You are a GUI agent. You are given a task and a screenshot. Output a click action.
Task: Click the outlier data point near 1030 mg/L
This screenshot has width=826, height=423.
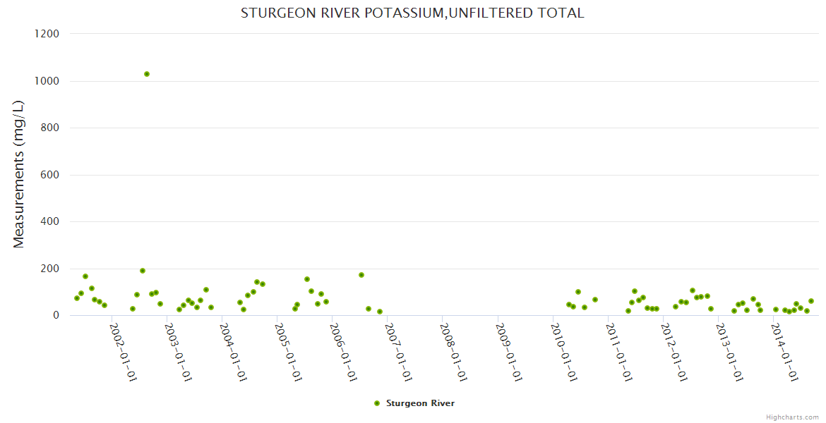tap(147, 74)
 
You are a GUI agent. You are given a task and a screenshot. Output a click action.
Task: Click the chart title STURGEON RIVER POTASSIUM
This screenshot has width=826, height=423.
tap(412, 13)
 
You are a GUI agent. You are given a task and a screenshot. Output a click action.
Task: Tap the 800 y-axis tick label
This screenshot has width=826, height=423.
tap(49, 128)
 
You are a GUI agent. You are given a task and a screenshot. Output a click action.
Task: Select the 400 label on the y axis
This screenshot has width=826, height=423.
tap(49, 221)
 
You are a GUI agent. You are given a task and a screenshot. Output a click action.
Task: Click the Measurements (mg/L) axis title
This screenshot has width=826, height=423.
tap(19, 174)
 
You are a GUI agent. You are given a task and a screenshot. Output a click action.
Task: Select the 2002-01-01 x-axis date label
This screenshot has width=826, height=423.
tap(123, 352)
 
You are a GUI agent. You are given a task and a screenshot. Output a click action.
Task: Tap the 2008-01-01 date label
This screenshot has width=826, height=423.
tap(453, 352)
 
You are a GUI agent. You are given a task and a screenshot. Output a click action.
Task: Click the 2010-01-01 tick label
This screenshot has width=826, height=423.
tap(563, 352)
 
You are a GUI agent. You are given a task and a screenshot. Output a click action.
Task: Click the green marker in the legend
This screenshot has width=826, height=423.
tap(377, 403)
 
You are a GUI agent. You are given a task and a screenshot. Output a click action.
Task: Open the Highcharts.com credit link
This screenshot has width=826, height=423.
tap(792, 417)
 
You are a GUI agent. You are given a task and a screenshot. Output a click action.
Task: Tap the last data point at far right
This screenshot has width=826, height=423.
tap(811, 301)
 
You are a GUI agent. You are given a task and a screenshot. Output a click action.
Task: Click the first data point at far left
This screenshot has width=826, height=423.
tap(77, 298)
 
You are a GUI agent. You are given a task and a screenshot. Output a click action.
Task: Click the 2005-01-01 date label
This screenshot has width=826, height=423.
tap(287, 352)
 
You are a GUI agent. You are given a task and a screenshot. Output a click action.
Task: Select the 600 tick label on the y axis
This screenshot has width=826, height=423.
tap(49, 175)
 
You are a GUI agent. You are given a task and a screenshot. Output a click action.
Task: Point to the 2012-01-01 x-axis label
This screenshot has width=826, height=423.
tap(674, 352)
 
